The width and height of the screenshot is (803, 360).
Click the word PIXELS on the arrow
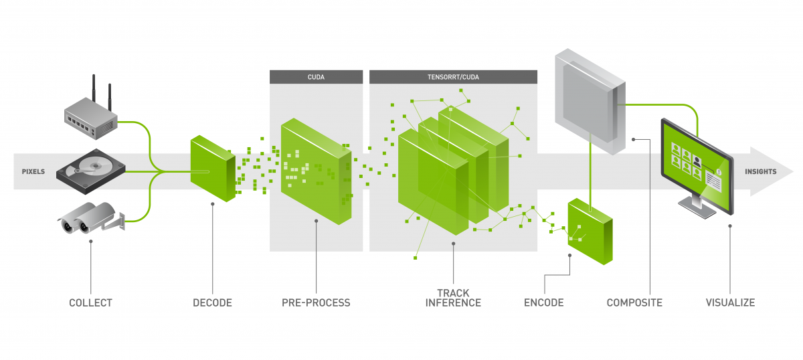point(32,172)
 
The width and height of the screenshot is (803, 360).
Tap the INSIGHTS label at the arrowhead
point(761,172)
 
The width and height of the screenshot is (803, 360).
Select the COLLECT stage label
point(90,303)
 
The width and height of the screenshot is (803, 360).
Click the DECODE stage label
point(212,303)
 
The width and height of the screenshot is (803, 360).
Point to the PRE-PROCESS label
point(316,303)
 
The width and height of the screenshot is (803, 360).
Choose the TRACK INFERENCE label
point(453,298)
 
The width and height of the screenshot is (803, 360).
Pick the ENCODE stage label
point(543,303)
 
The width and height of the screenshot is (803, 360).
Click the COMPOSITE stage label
point(634,303)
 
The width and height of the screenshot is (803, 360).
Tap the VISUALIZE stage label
point(730,303)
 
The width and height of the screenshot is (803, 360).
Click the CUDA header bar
point(316,77)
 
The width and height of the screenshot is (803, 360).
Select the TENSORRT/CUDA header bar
point(453,77)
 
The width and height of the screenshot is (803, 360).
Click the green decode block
point(212,168)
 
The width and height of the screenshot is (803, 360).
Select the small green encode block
point(590,232)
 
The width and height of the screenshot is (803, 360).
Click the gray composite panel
point(589,100)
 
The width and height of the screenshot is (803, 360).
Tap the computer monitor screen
point(695,157)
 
